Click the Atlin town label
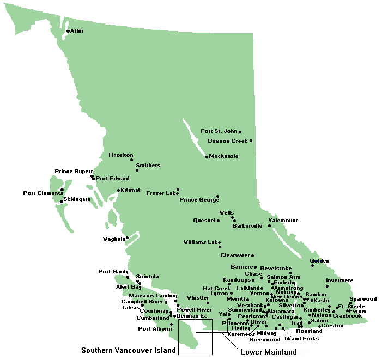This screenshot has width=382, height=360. click(x=77, y=31)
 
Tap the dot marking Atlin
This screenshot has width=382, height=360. click(x=68, y=31)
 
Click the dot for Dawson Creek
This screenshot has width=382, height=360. click(x=251, y=141)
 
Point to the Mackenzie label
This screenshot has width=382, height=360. click(x=224, y=156)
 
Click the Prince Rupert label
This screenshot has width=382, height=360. click(x=74, y=172)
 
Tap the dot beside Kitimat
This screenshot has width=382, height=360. click(x=119, y=190)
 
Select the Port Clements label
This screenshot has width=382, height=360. click(x=41, y=193)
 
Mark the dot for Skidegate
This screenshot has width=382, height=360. click(x=62, y=202)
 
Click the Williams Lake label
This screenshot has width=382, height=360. click(x=202, y=242)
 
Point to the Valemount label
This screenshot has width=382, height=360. click(x=284, y=221)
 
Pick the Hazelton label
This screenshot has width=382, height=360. click(x=120, y=155)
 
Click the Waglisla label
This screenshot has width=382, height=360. click(x=114, y=239)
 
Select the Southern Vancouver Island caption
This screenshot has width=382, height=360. click(x=129, y=350)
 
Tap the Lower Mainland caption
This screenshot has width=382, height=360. click(x=269, y=352)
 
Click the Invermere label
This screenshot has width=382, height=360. click(x=339, y=280)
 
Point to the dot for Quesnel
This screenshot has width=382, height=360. click(x=218, y=221)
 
